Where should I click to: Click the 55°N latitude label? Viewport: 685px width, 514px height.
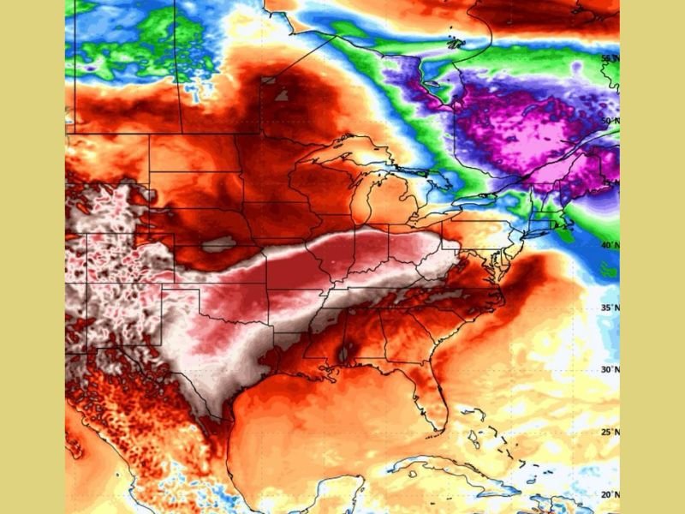pos(609,59)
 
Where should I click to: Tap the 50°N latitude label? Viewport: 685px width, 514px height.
pos(609,122)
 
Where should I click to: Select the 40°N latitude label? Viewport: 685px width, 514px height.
pos(609,245)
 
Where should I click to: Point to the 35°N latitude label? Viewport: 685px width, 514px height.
pos(609,308)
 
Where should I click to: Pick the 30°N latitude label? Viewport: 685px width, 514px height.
pos(609,369)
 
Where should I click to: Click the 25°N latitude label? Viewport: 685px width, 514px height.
pos(609,432)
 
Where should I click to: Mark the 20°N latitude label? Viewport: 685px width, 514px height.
pos(609,494)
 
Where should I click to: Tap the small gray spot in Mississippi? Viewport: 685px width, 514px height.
pos(347,352)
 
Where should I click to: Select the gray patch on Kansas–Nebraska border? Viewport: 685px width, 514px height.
pos(218,245)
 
